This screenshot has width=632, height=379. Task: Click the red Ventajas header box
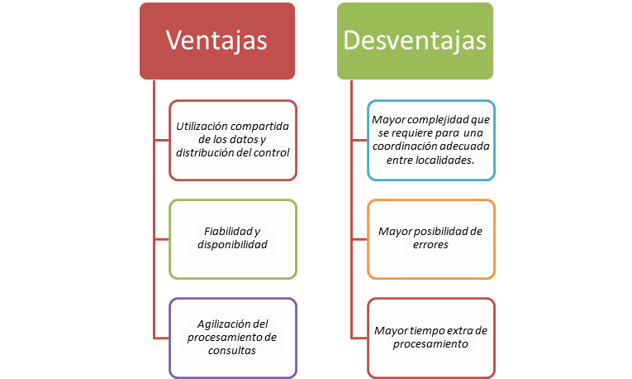tap(216, 41)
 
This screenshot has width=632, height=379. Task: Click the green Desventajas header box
tap(415, 41)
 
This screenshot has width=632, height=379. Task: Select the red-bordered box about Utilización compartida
tap(232, 140)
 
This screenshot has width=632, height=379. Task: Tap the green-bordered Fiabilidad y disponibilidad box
tap(232, 239)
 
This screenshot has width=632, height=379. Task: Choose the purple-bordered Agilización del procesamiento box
tap(232, 337)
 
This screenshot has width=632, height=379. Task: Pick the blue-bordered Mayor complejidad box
tap(430, 140)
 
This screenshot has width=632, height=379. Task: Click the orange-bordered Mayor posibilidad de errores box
tap(430, 238)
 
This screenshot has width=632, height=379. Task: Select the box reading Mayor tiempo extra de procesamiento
tap(430, 337)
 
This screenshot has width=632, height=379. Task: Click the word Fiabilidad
tap(226, 232)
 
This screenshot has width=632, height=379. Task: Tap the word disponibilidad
tap(232, 246)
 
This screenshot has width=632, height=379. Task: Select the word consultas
tap(232, 351)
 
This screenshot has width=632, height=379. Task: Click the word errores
tap(430, 246)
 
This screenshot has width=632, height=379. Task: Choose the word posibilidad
tap(443, 232)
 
